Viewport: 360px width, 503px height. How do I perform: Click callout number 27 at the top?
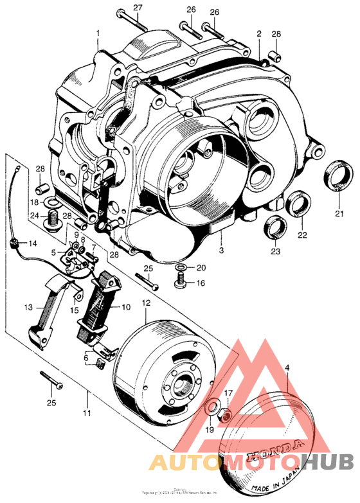(137, 7)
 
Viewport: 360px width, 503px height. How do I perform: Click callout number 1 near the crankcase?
(98, 32)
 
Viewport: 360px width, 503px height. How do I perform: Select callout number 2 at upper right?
(258, 33)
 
